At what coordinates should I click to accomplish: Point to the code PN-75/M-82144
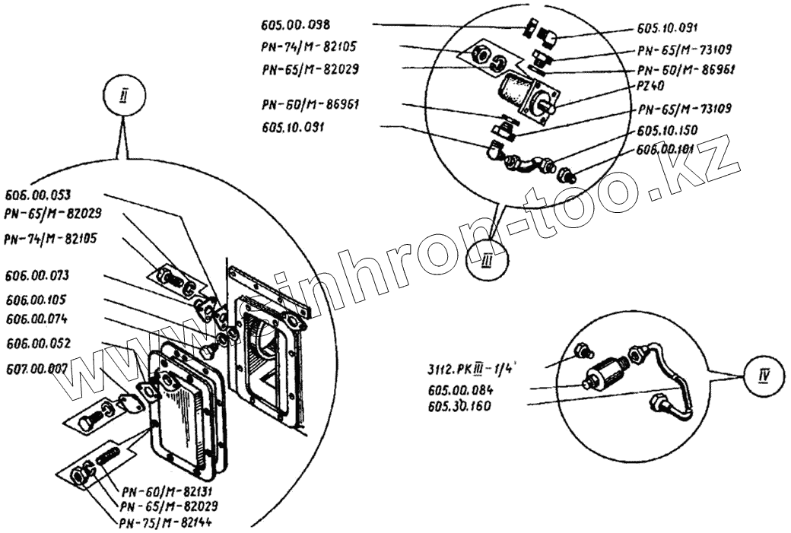pos(168,522)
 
